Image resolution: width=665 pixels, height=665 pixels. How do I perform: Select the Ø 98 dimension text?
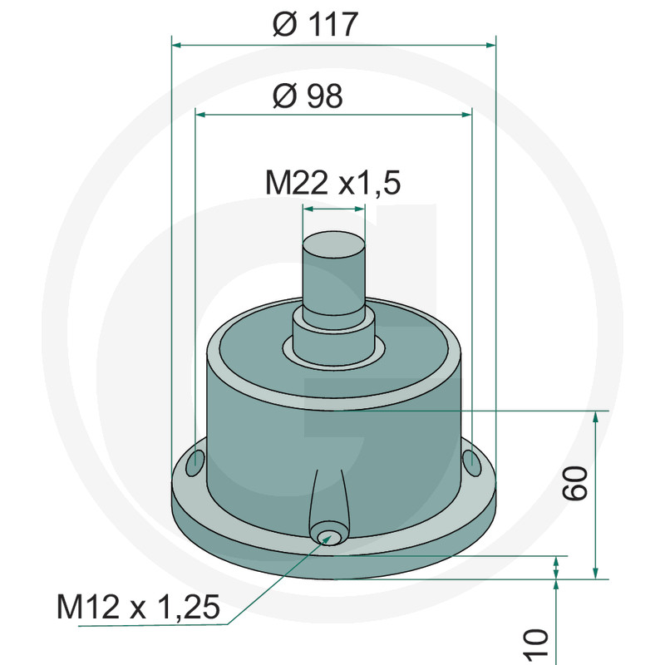click(x=308, y=96)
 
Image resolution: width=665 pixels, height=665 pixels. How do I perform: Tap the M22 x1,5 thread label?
click(x=332, y=183)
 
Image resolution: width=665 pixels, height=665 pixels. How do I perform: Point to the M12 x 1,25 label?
click(x=138, y=608)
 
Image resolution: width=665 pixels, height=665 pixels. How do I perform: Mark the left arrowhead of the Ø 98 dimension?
click(x=199, y=116)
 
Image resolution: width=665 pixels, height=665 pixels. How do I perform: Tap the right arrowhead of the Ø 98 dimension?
click(x=466, y=116)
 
